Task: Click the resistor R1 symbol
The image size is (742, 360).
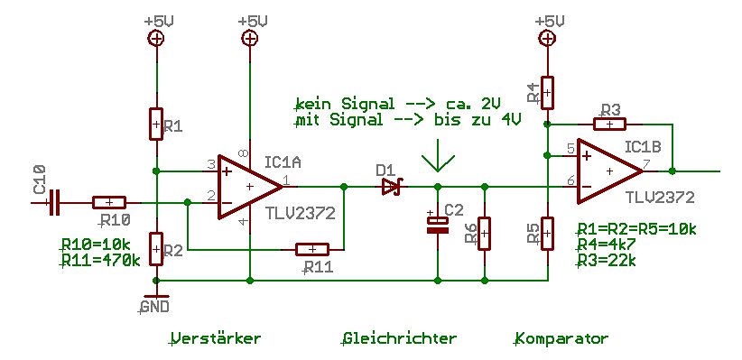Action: pyautogui.click(x=156, y=124)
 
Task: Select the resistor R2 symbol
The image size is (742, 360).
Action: pyautogui.click(x=156, y=249)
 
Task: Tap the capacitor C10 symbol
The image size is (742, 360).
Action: pyautogui.click(x=54, y=202)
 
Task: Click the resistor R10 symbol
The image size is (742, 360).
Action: pyautogui.click(x=109, y=202)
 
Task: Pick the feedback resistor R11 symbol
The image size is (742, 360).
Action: pyautogui.click(x=311, y=249)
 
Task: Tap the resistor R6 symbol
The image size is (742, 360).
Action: pyautogui.click(x=484, y=233)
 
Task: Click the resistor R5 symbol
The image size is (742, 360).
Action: pyautogui.click(x=547, y=233)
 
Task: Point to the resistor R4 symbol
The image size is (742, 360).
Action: pyautogui.click(x=547, y=93)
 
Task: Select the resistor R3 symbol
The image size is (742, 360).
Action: pyautogui.click(x=609, y=125)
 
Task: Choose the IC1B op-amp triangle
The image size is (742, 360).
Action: pyautogui.click(x=609, y=171)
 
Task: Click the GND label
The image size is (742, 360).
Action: pyautogui.click(x=155, y=307)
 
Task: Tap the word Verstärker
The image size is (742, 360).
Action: pyautogui.click(x=216, y=338)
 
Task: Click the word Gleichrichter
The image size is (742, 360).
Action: pyautogui.click(x=399, y=338)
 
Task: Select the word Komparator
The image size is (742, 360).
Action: pyautogui.click(x=561, y=338)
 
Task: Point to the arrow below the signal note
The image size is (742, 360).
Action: pyautogui.click(x=438, y=155)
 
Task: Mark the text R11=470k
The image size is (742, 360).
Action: pyautogui.click(x=101, y=260)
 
